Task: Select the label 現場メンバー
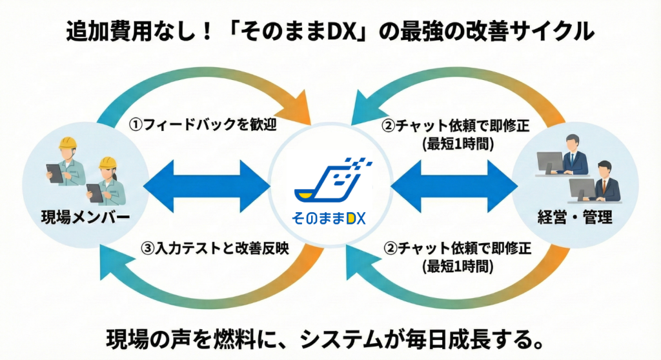click(79, 217)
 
